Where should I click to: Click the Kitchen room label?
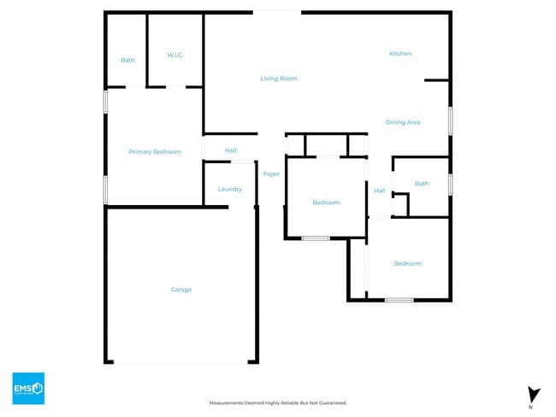click(400, 54)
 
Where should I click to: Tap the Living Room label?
click(279, 79)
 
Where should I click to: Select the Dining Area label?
click(402, 122)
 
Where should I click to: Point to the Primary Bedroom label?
click(155, 152)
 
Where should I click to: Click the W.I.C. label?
click(175, 56)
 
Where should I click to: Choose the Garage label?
click(181, 290)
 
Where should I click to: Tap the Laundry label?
click(229, 189)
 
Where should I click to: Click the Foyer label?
click(271, 174)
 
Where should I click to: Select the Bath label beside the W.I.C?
click(127, 60)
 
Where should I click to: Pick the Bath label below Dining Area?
click(422, 184)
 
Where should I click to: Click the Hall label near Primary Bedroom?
click(230, 150)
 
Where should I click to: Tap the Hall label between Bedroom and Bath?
click(380, 191)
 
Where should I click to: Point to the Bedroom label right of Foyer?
click(326, 203)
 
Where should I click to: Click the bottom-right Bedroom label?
click(407, 263)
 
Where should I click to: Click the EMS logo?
click(27, 388)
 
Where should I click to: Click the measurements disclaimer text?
click(278, 402)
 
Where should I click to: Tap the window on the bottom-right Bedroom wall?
click(399, 300)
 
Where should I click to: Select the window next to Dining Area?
click(450, 119)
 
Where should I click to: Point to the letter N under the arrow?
click(531, 408)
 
